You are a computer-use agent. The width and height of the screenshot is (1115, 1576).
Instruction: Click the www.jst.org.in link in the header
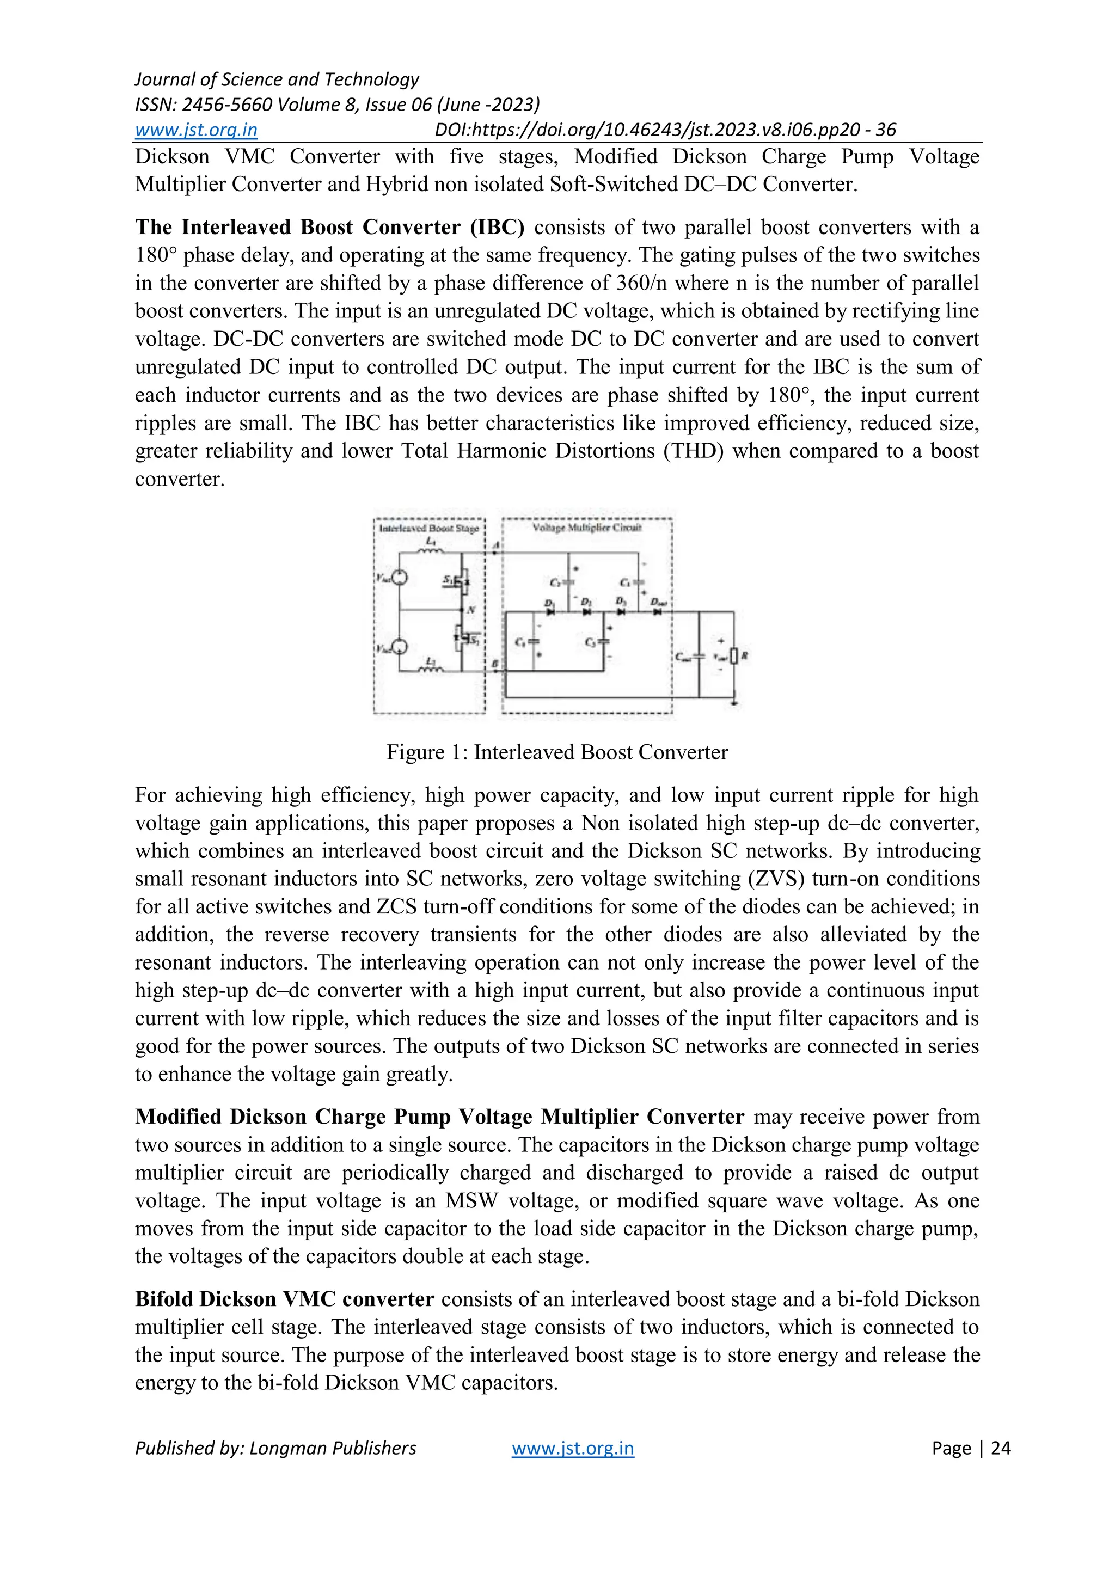pos(195,130)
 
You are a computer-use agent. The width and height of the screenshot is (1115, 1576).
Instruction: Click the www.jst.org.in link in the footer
pos(573,1448)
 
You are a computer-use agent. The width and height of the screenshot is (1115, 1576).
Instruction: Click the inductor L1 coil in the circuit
pos(431,549)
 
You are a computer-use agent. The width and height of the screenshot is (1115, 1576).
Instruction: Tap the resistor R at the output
pos(734,656)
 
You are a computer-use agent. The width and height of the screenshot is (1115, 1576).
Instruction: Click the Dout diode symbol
pos(657,611)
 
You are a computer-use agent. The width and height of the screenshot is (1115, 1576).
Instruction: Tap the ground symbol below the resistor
pos(734,702)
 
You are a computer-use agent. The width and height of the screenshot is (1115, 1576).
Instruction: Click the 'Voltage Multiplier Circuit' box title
pos(587,527)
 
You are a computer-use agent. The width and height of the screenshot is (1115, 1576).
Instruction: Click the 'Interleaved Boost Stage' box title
pos(429,528)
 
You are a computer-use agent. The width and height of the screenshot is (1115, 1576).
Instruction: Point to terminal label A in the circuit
pos(497,544)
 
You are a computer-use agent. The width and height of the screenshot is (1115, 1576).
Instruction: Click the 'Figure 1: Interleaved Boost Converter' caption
pos(557,752)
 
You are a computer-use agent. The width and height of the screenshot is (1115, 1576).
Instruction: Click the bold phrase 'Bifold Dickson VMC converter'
pos(284,1299)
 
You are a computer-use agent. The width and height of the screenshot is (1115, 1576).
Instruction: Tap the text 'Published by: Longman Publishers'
pos(275,1448)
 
